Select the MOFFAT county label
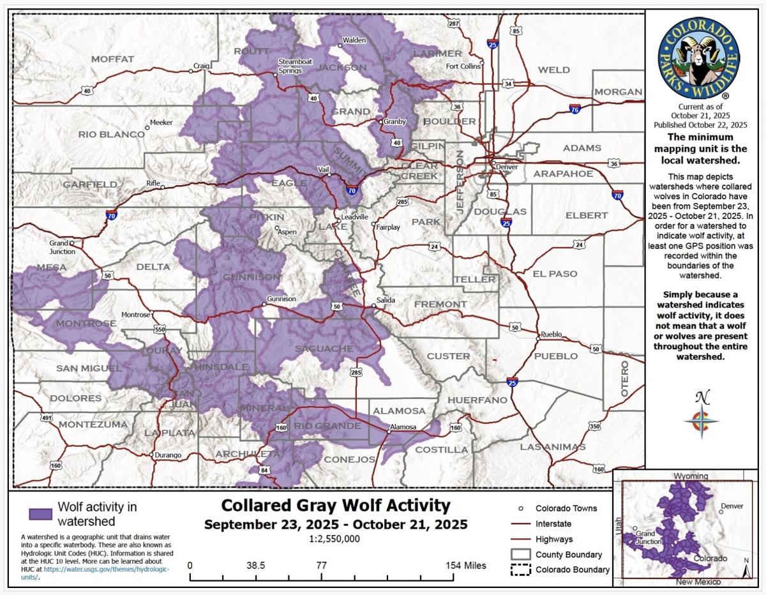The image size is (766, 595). coord(112,59)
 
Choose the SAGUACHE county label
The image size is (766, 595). coord(324,349)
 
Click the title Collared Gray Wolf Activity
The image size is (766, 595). coord(335,506)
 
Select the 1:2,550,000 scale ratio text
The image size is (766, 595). coord(335,539)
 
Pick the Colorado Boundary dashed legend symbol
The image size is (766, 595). coord(521,569)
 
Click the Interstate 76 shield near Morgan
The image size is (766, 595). coord(575,109)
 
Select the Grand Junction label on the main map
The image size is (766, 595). coord(63,247)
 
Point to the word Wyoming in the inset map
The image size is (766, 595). coord(690,476)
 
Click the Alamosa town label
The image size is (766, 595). coord(403,427)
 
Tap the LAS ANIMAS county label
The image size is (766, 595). coord(553,447)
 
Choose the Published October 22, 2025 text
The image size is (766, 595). coord(700,124)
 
